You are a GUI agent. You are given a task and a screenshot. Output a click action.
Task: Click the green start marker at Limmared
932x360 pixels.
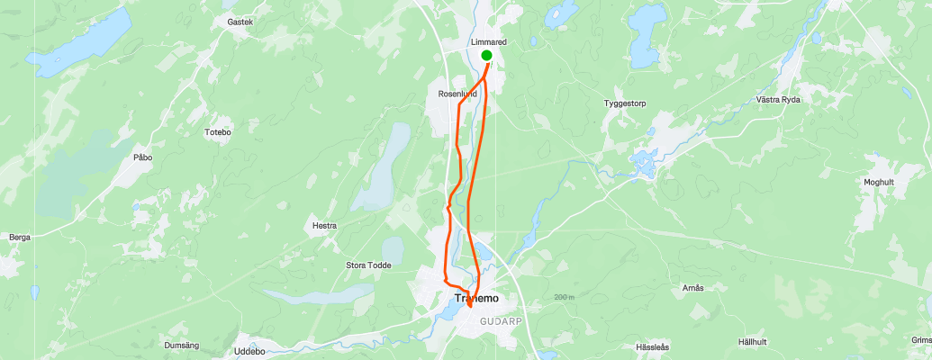tap(487, 56)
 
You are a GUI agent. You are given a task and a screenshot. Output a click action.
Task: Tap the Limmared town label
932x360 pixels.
tap(489, 42)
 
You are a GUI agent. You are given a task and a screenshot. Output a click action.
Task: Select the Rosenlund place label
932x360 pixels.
tap(457, 93)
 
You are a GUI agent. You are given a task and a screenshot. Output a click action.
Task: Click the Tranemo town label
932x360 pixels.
tap(476, 298)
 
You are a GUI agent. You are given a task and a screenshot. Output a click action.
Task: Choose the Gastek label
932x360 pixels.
tap(240, 21)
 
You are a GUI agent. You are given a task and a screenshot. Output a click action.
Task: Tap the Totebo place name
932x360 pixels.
tap(218, 132)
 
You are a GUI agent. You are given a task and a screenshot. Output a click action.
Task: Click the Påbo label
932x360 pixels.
tap(143, 157)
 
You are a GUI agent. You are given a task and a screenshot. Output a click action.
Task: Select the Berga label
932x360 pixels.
tap(20, 238)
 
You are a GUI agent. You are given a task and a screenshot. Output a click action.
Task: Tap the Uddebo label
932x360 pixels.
tap(249, 351)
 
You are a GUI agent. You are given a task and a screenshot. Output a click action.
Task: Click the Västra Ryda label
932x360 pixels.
tap(778, 99)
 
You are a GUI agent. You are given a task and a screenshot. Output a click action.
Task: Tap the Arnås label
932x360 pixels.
tap(692, 288)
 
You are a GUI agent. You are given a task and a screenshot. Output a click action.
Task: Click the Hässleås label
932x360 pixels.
tap(653, 346)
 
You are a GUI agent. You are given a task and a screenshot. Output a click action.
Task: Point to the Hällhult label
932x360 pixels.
tap(752, 342)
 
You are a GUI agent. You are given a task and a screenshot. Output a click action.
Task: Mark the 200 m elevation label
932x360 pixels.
tap(565, 298)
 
